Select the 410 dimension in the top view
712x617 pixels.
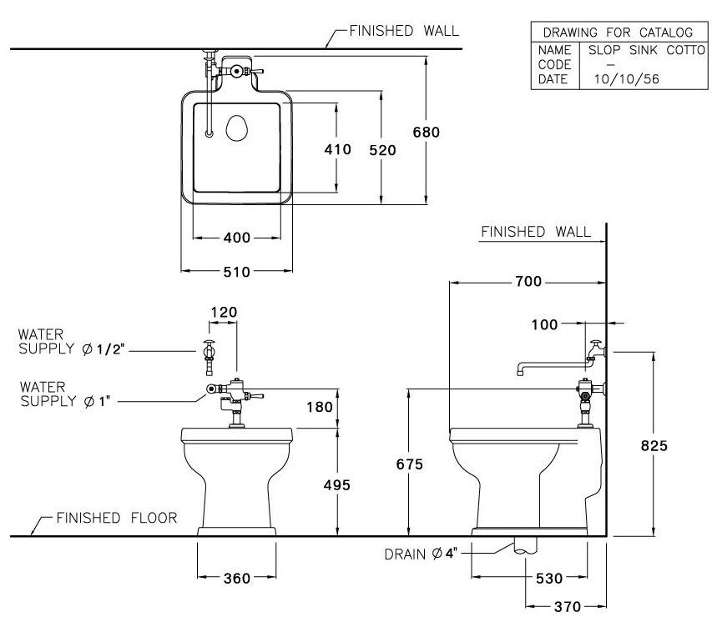point(336,149)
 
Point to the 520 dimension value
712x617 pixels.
point(381,149)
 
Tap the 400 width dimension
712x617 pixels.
point(237,238)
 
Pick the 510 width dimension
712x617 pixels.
point(237,272)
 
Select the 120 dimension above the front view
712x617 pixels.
point(224,313)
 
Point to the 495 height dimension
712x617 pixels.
point(336,485)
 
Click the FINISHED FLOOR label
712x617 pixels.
point(116,518)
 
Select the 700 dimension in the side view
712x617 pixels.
point(528,283)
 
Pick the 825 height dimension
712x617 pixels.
point(654,446)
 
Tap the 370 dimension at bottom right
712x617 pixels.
point(555,606)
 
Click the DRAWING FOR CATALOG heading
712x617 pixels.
point(618,33)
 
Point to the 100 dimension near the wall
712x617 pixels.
point(544,324)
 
